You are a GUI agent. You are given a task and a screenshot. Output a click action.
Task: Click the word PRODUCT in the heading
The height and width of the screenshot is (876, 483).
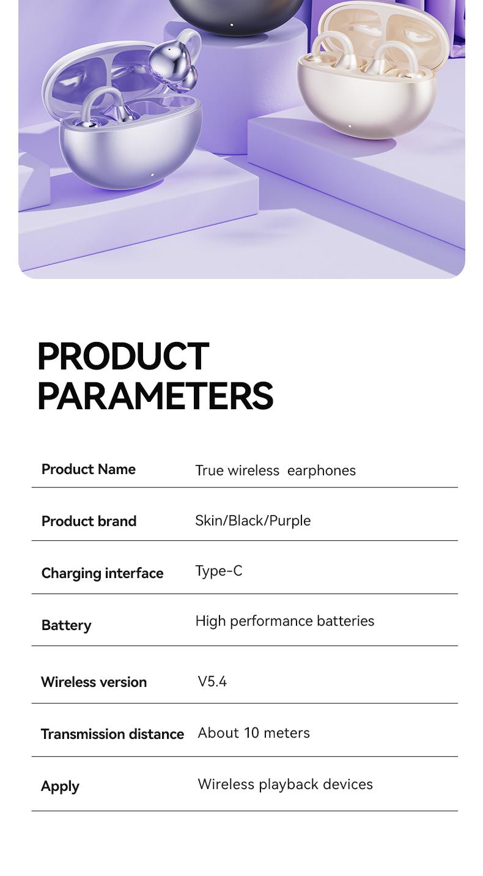(123, 356)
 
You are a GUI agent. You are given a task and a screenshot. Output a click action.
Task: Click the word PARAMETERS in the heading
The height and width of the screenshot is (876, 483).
(155, 396)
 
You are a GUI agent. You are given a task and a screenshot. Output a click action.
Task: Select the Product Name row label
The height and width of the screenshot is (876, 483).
(88, 469)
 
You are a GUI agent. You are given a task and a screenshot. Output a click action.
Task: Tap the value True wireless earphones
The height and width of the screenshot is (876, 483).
(275, 470)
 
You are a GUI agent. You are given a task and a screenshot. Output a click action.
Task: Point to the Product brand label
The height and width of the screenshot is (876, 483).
(89, 521)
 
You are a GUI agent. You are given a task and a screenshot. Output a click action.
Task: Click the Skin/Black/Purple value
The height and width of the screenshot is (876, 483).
(253, 521)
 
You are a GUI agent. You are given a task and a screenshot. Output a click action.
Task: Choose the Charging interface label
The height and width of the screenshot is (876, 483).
(102, 573)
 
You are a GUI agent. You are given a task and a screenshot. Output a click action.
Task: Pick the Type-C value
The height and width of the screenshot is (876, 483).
(218, 571)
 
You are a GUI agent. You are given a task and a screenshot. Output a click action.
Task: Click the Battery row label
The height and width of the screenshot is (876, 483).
(66, 625)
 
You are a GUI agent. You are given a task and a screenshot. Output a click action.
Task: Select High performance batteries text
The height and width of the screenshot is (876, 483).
(284, 621)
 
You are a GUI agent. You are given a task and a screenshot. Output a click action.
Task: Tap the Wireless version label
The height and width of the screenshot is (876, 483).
(94, 682)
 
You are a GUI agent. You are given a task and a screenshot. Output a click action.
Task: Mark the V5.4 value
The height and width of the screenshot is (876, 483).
(212, 681)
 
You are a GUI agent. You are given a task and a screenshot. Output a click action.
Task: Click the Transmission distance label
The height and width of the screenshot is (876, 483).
(112, 734)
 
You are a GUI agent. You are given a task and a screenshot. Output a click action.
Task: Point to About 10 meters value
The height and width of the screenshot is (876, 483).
(254, 733)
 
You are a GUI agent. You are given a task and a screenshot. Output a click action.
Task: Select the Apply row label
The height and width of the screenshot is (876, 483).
(60, 786)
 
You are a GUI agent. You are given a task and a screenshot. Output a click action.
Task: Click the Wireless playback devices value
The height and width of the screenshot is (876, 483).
(285, 784)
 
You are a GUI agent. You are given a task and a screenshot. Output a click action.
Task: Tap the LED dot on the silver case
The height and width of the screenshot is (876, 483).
(152, 175)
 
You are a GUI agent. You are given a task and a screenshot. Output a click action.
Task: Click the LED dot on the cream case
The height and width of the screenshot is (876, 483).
(350, 127)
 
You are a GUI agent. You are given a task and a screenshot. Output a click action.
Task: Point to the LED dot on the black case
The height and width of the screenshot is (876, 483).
(232, 25)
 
